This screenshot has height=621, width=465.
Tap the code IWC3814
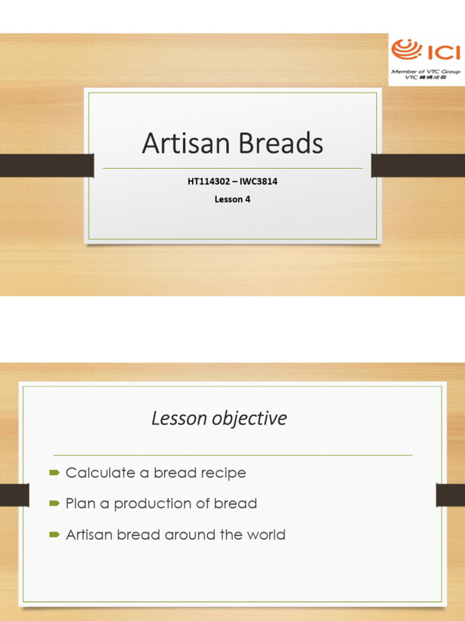[257, 181]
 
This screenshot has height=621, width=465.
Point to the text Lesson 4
[232, 198]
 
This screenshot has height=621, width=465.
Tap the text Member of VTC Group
[426, 72]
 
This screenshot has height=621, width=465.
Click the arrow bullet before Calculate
[54, 472]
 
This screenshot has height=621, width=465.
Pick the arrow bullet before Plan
[54, 503]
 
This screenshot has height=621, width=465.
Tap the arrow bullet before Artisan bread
[54, 535]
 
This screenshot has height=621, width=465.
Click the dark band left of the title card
[46, 166]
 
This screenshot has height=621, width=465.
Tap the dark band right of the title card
[418, 166]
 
